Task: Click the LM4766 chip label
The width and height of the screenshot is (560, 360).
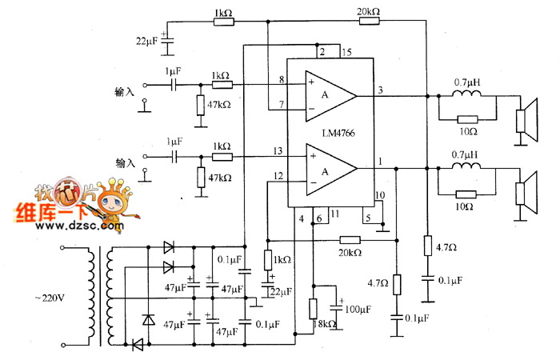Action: point(338,134)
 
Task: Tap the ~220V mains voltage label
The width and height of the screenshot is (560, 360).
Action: point(50,298)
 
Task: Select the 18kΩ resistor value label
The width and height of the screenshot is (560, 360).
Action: point(325,323)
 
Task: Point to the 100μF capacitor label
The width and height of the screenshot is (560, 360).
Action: point(358,309)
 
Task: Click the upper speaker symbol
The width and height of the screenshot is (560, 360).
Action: point(526,120)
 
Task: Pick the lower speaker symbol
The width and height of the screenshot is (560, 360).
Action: point(526,194)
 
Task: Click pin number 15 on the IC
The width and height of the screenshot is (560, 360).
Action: point(346,53)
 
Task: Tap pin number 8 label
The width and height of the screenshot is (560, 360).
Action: point(282,79)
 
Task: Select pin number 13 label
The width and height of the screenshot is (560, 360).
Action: point(278,150)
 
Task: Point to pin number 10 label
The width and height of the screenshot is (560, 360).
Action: point(380,195)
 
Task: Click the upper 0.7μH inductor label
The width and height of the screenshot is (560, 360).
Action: point(466,82)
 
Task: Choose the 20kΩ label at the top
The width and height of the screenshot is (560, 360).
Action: point(368,11)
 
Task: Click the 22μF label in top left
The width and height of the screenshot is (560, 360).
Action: point(146,41)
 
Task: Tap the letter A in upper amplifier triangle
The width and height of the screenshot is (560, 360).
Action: point(325,94)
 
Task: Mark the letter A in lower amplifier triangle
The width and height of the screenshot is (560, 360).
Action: point(325,172)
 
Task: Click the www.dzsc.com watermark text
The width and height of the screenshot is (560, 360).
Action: point(80,226)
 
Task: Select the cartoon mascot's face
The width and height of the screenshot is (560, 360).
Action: point(111,202)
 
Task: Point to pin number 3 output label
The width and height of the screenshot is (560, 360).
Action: point(380,90)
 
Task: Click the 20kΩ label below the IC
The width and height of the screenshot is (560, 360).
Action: point(350,253)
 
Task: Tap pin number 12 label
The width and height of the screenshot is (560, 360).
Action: point(278,176)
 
